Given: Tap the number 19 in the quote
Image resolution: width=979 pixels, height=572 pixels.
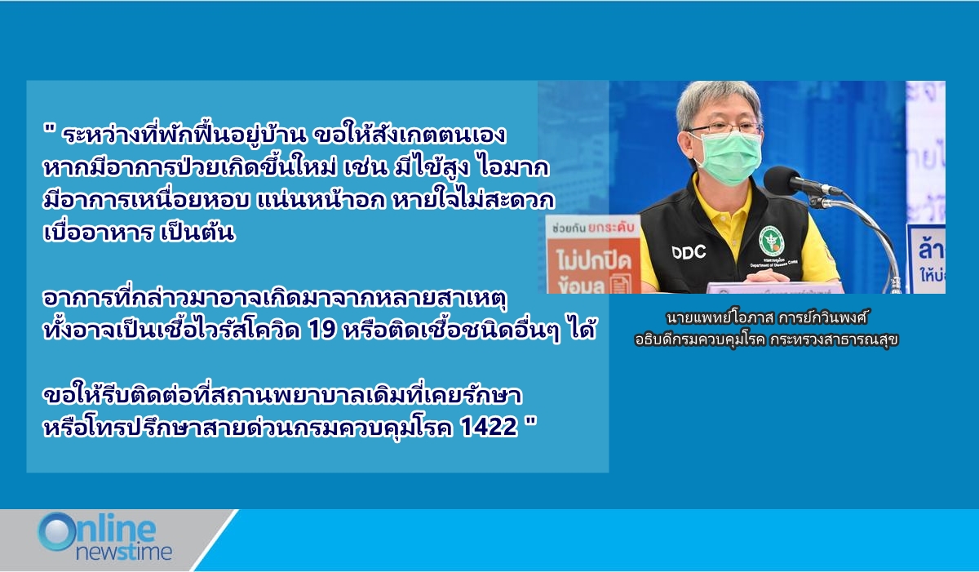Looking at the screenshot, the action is pos(322,330).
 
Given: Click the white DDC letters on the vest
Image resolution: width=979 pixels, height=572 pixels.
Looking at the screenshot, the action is pos(689,252).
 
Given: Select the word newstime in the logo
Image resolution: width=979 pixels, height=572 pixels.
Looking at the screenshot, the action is pos(124,552).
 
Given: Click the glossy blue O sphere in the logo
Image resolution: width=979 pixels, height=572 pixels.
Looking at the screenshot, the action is pos(56,532).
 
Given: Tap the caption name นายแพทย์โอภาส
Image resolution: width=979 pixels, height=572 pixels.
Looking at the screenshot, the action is pos(720,317).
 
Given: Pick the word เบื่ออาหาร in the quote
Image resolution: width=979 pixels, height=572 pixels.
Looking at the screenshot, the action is pos(98,232).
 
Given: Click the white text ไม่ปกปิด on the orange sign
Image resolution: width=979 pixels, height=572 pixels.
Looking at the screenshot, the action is pos(594,262).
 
